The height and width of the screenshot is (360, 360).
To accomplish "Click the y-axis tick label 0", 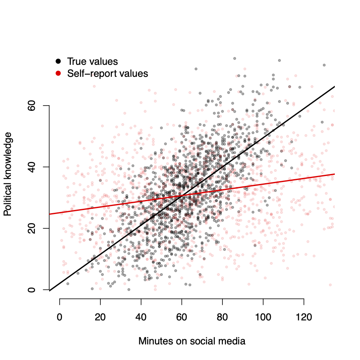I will point(32,290).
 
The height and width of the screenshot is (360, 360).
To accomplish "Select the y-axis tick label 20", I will point(32,228).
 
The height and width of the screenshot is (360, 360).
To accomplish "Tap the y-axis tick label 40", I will point(32,167).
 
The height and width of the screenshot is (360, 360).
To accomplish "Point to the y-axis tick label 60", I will point(32,106).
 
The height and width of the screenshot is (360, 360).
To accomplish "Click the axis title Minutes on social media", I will point(192,341).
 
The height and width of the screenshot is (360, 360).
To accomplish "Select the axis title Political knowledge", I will point(8,177).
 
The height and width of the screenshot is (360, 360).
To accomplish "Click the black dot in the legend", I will point(58,61).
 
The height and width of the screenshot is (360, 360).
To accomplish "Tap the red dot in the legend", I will point(58,73).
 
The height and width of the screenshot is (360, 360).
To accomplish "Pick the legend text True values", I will point(92,62).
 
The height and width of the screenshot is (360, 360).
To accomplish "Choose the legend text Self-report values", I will point(108,74).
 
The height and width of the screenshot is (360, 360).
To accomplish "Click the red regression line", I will point(280,180).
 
